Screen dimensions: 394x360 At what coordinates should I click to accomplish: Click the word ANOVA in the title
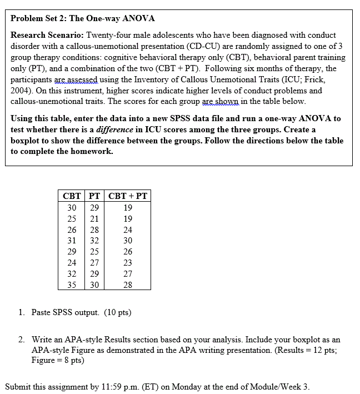coord(138,18)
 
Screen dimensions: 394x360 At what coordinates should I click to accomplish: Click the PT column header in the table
coord(94,196)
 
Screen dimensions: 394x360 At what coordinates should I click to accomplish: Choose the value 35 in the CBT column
coord(72,285)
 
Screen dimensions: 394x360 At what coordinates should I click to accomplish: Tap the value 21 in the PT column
coord(94,218)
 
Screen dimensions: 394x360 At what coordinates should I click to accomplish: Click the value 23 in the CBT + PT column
coord(128,263)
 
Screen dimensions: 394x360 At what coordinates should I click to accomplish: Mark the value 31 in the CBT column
coord(72,241)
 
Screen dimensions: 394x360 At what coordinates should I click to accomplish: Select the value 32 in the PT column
coord(94,241)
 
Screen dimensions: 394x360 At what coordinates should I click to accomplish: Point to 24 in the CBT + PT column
coord(128,230)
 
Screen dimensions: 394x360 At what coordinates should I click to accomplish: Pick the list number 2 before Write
coord(21,339)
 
